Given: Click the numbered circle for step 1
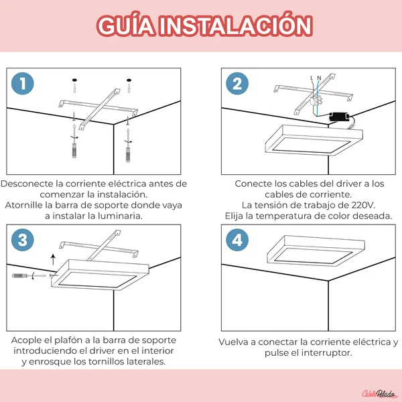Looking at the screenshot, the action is click(23, 84).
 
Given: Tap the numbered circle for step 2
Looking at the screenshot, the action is click(237, 84).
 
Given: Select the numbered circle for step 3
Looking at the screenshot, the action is click(23, 240).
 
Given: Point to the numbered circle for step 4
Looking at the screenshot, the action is click(237, 240).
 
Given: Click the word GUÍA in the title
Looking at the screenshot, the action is click(126, 25).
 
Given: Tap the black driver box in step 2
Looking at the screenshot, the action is click(339, 117).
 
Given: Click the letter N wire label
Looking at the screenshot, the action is click(319, 78).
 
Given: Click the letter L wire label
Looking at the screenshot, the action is click(312, 78).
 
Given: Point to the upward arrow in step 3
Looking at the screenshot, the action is click(53, 259).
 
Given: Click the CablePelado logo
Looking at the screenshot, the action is click(379, 393).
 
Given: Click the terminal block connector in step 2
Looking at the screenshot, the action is click(316, 100).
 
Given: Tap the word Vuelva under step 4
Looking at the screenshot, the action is click(234, 342).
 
